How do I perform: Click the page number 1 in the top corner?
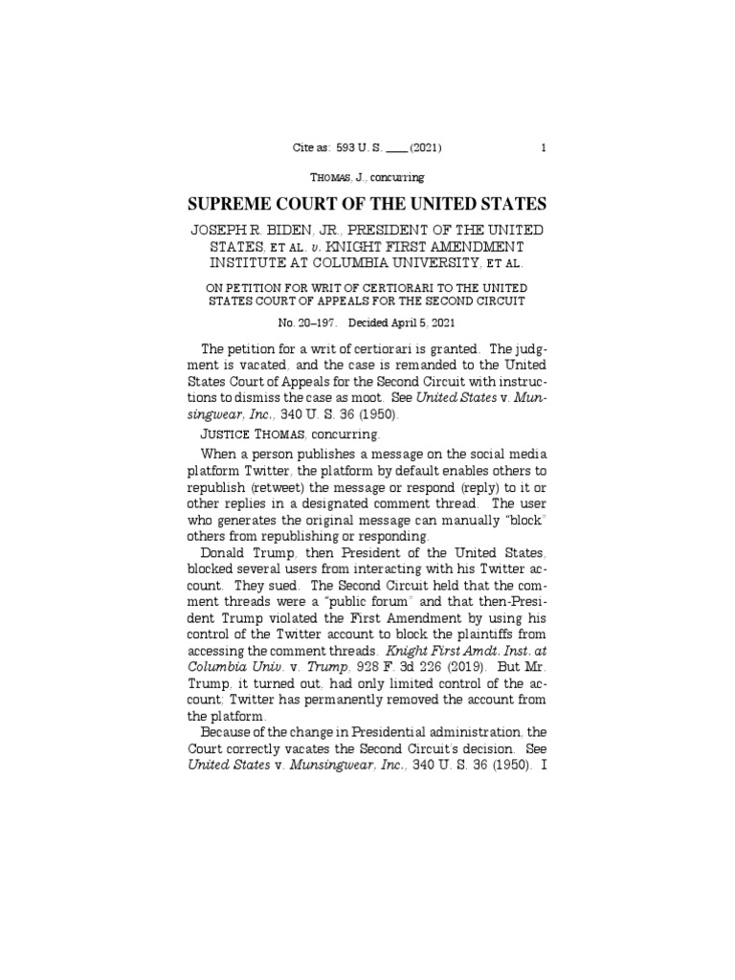[x=543, y=148]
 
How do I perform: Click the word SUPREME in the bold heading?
[x=238, y=204]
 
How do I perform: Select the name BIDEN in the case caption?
[x=291, y=231]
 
